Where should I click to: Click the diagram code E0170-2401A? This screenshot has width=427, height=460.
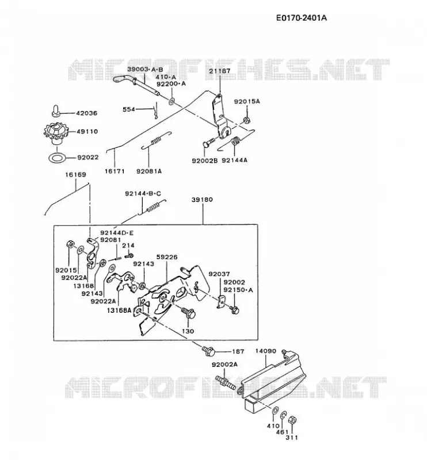pyautogui.click(x=302, y=18)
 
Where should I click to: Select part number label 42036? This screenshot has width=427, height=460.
pyautogui.click(x=87, y=113)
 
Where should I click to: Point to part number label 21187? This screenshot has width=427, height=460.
pyautogui.click(x=220, y=71)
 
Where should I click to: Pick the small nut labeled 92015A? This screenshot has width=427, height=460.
pyautogui.click(x=246, y=120)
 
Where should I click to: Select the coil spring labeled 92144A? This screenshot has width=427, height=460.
pyautogui.click(x=236, y=141)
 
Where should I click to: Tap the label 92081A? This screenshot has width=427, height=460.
pyautogui.click(x=149, y=171)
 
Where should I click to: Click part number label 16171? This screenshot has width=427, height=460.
pyautogui.click(x=115, y=171)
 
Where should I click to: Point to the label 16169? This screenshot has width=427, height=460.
pyautogui.click(x=75, y=175)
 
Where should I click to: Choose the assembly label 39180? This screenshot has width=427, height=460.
pyautogui.click(x=202, y=200)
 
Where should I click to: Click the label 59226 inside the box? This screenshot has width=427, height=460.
pyautogui.click(x=167, y=257)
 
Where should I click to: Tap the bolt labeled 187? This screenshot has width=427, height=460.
pyautogui.click(x=208, y=350)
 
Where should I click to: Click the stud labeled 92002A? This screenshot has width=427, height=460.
pyautogui.click(x=226, y=382)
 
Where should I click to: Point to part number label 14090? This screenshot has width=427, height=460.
pyautogui.click(x=265, y=351)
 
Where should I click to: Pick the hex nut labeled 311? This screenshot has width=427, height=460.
pyautogui.click(x=292, y=420)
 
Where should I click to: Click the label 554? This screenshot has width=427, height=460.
pyautogui.click(x=129, y=109)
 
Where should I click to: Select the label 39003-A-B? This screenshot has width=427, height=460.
pyautogui.click(x=145, y=70)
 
